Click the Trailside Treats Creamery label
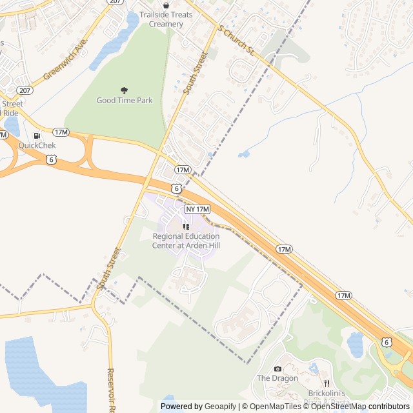(166, 19)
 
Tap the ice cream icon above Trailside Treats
(166, 5)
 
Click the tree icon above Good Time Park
(124, 90)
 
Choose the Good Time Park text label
(124, 100)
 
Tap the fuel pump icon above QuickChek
(37, 136)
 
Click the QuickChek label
(37, 145)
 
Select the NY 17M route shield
(198, 210)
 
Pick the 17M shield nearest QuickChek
(61, 132)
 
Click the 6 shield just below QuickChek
(51, 158)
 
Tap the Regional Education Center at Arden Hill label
(186, 241)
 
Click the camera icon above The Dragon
(277, 368)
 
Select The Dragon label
(277, 378)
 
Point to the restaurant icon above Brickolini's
(327, 383)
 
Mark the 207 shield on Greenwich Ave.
(25, 90)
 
